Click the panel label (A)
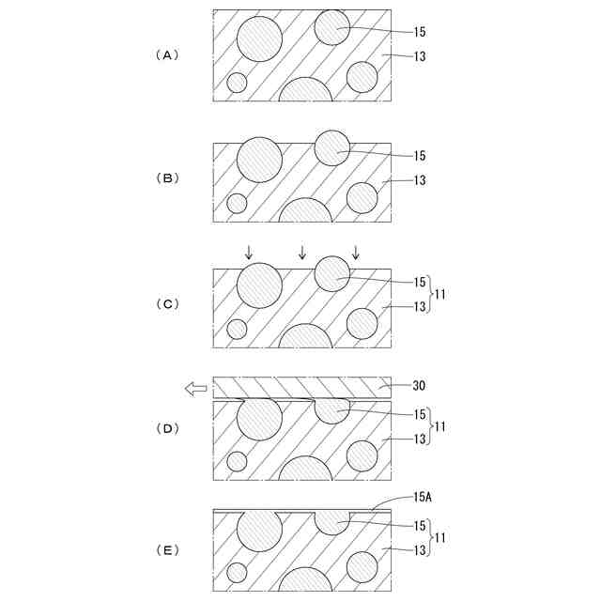pos(165,54)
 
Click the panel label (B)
pos(165,177)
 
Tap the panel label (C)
pos(165,304)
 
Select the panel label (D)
pos(165,428)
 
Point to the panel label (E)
pos(165,550)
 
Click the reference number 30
pos(421,385)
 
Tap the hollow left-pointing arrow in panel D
pos(196,389)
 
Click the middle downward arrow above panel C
pos(301,252)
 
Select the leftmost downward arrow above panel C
pos(249,252)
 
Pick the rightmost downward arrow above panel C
pos(355,252)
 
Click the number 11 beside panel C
pos(440,294)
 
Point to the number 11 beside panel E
pos(440,537)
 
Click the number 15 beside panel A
pos(420,31)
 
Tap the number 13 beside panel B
pos(420,179)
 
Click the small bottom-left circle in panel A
pos(237,83)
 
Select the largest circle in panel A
pos(259,39)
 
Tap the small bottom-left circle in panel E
pos(237,572)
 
